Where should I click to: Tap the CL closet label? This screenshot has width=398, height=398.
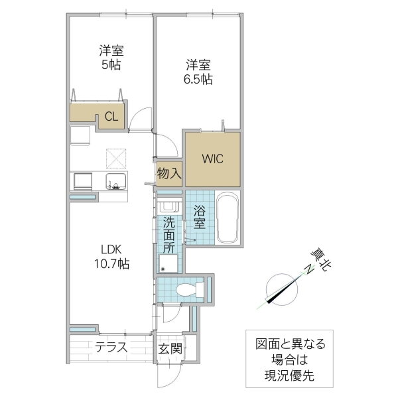click(x=111, y=117)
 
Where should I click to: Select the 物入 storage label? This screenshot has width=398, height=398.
click(x=169, y=174)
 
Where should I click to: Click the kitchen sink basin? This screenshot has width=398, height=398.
click(x=117, y=181)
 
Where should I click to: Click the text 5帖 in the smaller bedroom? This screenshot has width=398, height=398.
click(x=111, y=64)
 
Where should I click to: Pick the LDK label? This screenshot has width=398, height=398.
click(x=111, y=249)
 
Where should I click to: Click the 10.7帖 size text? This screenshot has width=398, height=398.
click(x=111, y=263)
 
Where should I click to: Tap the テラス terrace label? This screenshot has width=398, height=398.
click(x=111, y=348)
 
